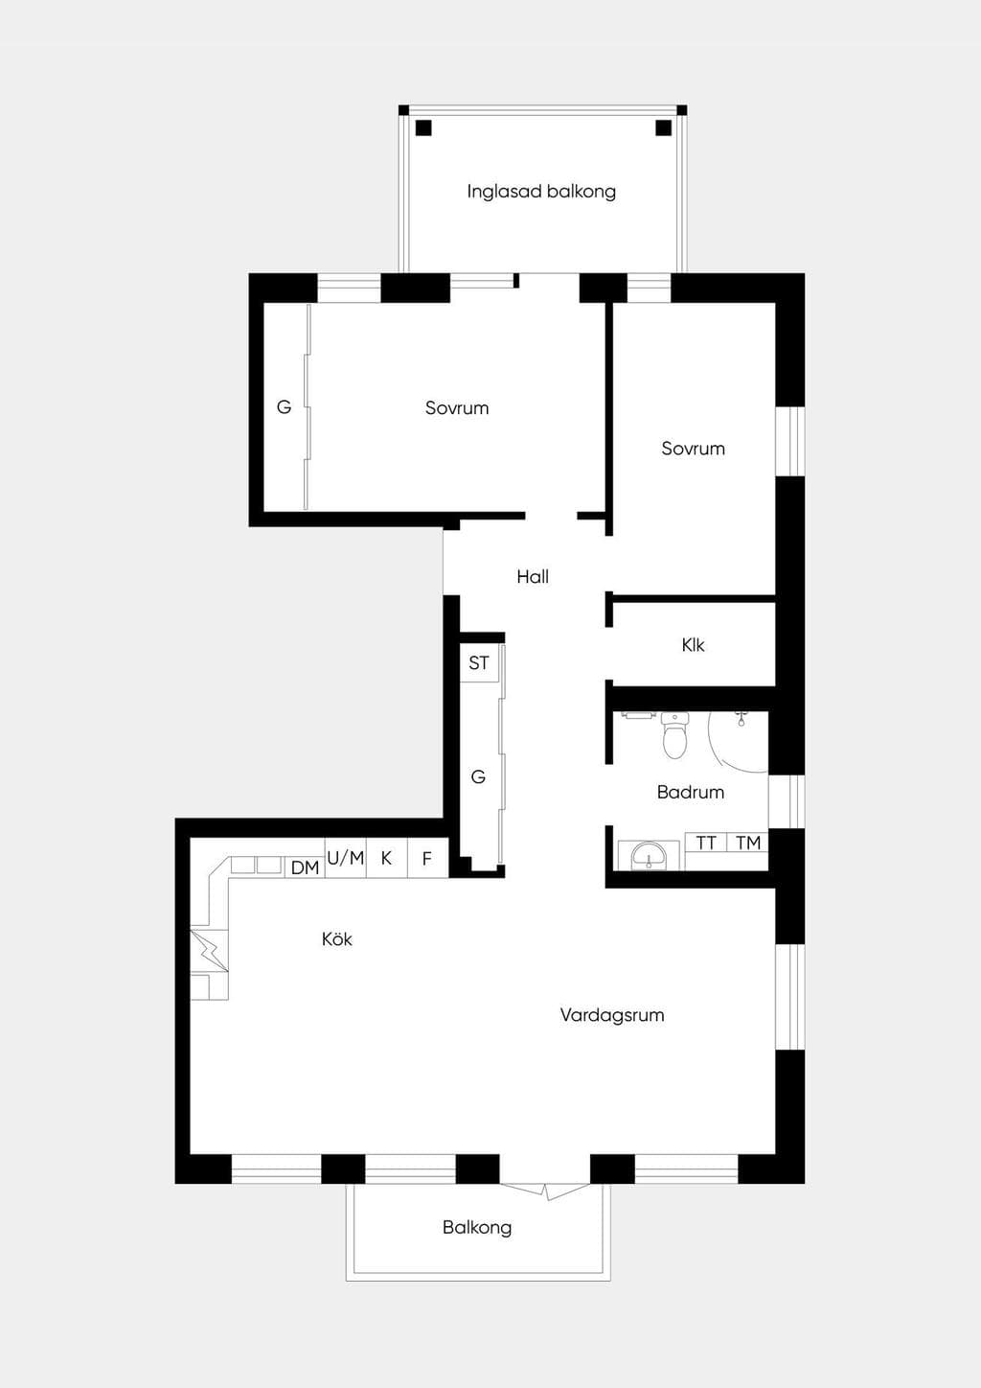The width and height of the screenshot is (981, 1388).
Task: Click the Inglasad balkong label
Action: [x=541, y=192]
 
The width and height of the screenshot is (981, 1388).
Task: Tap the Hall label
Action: [x=533, y=577]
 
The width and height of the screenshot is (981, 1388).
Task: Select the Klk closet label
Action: [x=693, y=645]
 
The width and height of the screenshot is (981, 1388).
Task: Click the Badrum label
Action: [x=691, y=792]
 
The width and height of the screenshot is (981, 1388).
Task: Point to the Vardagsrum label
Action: [x=612, y=1015]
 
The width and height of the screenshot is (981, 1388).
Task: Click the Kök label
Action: [x=337, y=938]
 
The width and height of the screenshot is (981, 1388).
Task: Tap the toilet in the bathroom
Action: [x=674, y=735]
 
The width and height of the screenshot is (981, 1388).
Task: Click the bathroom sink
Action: [x=649, y=856]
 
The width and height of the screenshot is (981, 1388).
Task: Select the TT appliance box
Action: [x=706, y=843]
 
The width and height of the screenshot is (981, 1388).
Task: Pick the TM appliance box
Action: [x=747, y=843]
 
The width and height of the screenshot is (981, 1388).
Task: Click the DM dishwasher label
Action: [x=305, y=868]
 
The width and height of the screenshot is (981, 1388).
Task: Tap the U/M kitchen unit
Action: [x=346, y=858]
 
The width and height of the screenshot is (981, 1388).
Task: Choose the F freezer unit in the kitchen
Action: [x=427, y=858]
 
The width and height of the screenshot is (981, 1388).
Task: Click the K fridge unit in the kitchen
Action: [x=387, y=858]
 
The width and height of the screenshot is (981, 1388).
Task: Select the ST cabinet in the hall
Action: [x=479, y=663]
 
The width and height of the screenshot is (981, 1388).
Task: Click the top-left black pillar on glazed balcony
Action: [x=423, y=127]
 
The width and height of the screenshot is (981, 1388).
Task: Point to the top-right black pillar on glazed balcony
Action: [x=663, y=127]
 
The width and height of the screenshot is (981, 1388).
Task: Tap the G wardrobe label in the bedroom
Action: [x=284, y=407]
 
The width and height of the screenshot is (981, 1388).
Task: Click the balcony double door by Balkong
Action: [x=545, y=1191]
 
